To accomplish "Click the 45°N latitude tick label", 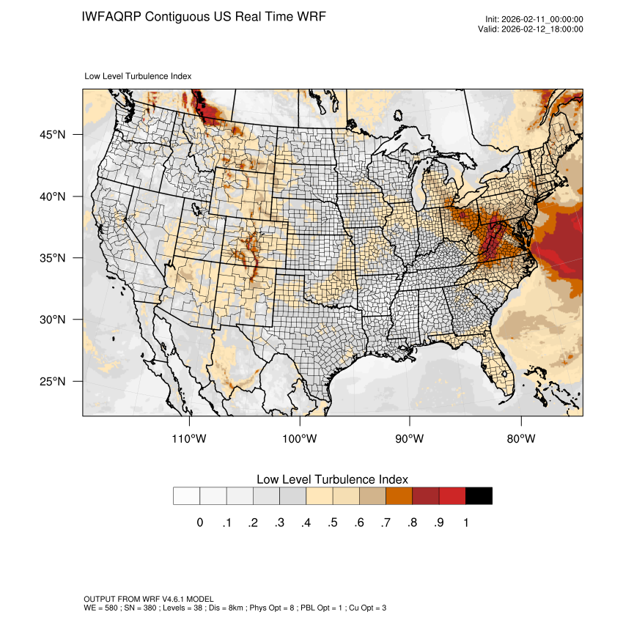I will pos(52,135).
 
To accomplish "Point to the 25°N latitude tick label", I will pos(52,381).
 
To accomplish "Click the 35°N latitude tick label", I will pos(52,258).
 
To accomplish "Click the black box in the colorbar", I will pos(479,496).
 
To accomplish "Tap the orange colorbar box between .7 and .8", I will pos(399,496).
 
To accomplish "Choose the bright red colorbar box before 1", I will pos(452,496).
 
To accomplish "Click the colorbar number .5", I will pos(333,523).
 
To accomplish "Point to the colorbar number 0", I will pos(200,523).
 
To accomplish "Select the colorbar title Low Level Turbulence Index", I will pos(332,479).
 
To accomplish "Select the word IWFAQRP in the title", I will pos(111,16).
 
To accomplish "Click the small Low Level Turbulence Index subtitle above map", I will pos(139,75).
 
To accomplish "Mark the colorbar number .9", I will pos(439,523).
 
